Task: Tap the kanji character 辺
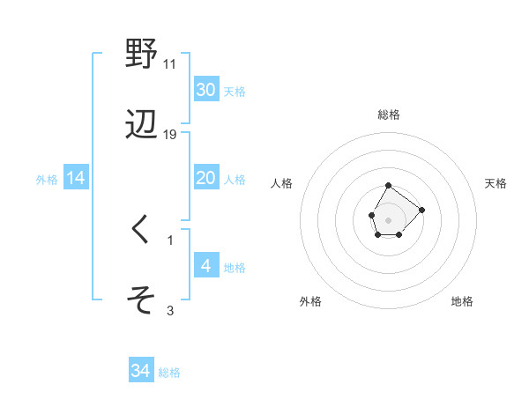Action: pos(141,125)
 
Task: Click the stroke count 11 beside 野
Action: pos(170,64)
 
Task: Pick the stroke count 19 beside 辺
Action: pos(171,135)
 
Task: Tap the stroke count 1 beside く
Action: pos(170,240)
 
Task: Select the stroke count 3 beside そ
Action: pos(170,310)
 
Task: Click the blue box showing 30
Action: pos(205,90)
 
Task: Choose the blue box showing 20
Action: pos(205,178)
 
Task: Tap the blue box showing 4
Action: pos(205,266)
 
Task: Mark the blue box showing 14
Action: pos(76,178)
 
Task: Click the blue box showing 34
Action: pos(140,371)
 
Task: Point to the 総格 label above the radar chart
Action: pos(389,115)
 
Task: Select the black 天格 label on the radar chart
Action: pos(495,183)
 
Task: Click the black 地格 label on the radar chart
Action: pos(462,301)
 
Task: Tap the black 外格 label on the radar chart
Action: pos(310,301)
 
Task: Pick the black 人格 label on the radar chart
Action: pos(282,183)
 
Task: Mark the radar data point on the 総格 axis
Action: pos(389,186)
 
